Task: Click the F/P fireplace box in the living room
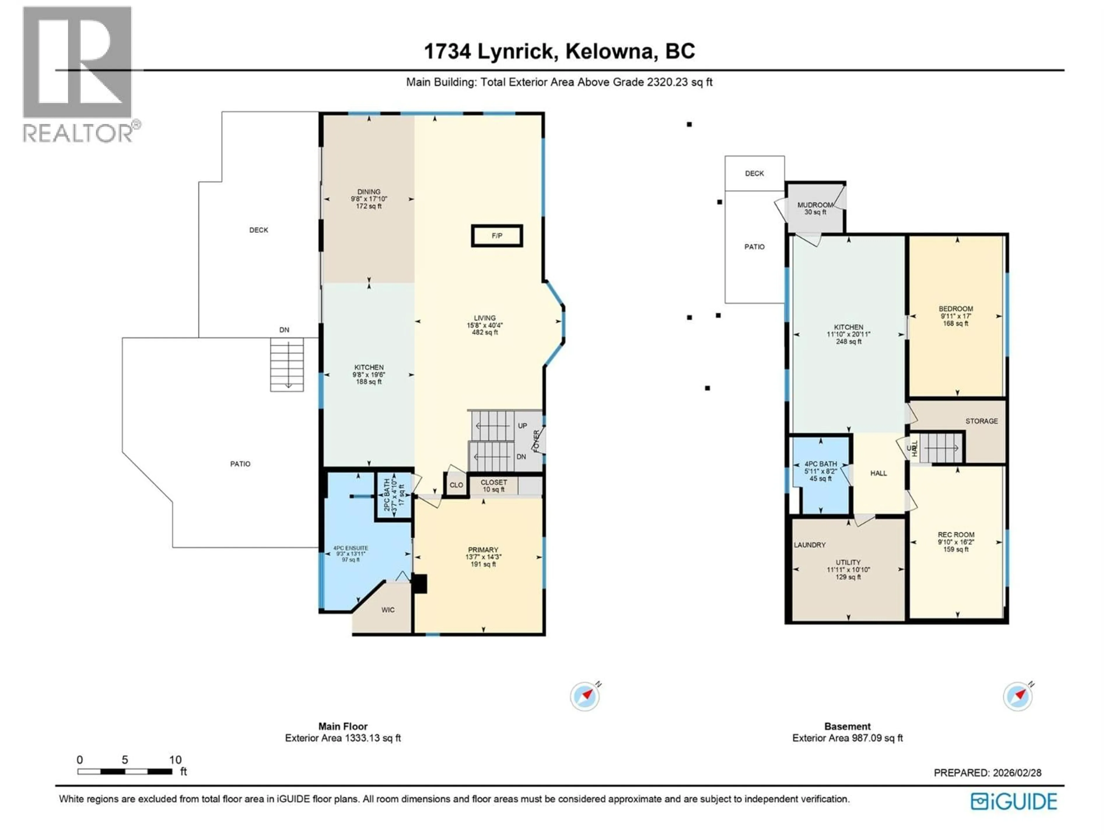497,236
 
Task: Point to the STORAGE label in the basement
981,421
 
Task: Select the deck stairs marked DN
287,365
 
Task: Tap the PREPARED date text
987,773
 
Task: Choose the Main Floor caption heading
343,726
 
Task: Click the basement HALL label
878,473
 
